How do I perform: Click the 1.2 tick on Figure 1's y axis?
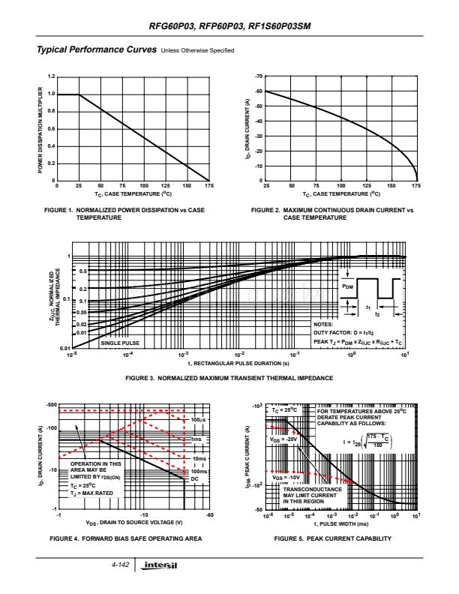[51, 76]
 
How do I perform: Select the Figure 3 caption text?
[229, 379]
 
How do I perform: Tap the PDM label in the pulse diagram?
[347, 286]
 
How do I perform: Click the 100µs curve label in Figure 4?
[199, 420]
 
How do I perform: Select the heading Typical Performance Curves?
[97, 50]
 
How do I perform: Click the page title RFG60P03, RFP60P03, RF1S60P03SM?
[229, 27]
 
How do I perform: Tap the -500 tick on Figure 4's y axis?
[51, 405]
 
